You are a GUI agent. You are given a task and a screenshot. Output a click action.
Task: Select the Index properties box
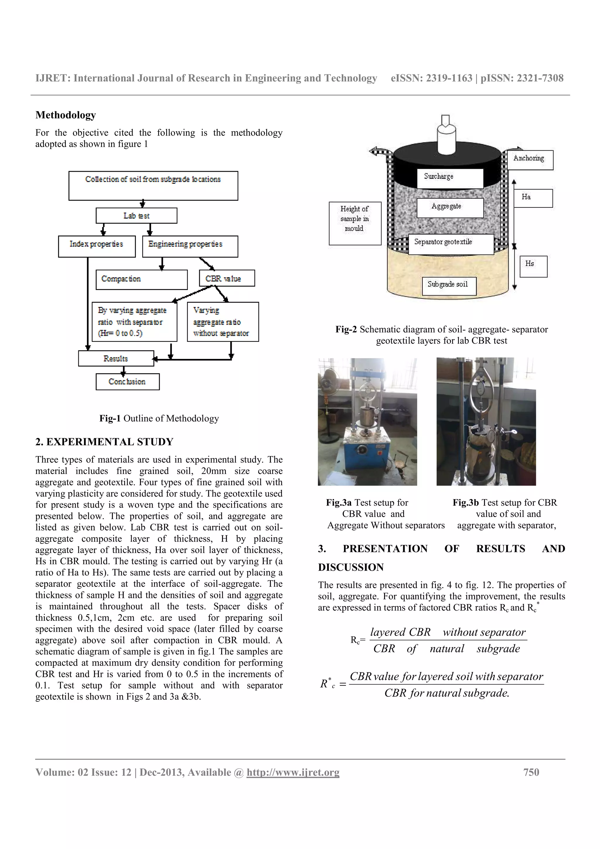click(x=96, y=246)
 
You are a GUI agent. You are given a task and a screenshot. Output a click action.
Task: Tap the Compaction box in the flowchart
click(x=141, y=279)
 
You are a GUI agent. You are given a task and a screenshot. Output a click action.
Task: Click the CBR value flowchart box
click(x=227, y=278)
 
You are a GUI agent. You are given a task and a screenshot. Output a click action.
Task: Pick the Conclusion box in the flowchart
click(x=127, y=382)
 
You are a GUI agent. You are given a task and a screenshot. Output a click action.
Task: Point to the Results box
click(x=116, y=358)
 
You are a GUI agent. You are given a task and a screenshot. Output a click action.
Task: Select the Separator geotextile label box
click(x=451, y=244)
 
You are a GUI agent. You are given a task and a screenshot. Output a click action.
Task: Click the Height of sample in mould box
click(x=354, y=223)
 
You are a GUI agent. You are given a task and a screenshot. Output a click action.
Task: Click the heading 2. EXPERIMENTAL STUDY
click(x=104, y=442)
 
